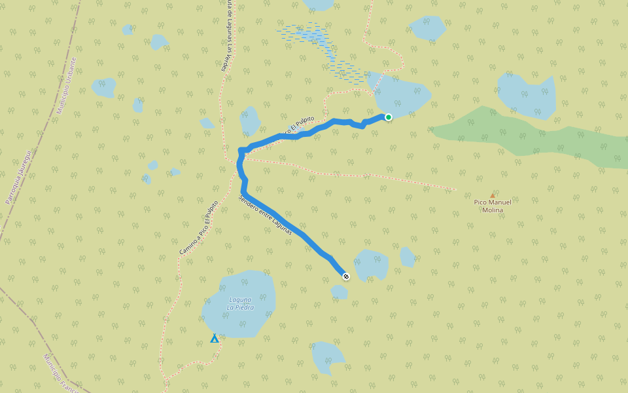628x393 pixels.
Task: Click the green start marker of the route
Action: [388, 117]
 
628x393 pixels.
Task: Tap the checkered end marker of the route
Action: [346, 276]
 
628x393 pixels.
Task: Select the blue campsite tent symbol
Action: [214, 339]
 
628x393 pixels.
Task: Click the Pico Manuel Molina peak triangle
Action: [493, 195]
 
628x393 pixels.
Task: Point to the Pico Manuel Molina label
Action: [493, 206]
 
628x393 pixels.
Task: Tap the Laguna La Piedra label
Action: [240, 303]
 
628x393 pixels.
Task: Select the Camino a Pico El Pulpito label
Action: [198, 227]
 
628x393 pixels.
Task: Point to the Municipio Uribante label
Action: [66, 85]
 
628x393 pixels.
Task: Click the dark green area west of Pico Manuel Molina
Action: [523, 134]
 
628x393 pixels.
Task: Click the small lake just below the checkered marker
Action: [339, 292]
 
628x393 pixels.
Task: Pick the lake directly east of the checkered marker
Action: [372, 264]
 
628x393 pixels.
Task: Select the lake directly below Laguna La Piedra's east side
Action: [327, 356]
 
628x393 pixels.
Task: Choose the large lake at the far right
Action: [527, 95]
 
